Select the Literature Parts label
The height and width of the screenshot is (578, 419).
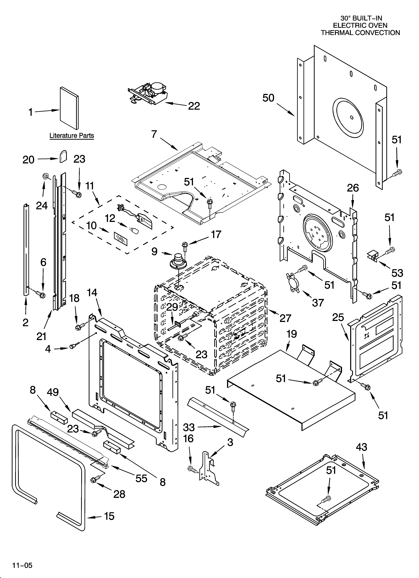point(72,136)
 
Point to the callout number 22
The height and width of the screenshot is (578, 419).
point(194,106)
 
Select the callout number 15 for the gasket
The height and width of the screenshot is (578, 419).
point(109,516)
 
